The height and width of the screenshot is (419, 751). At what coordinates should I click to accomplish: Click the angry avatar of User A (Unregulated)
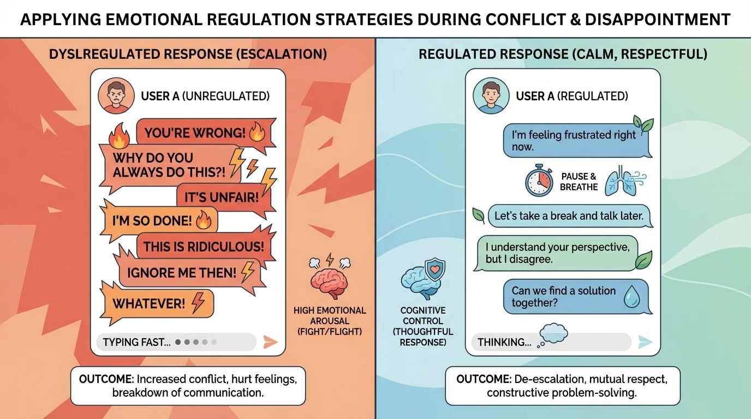pos(113,97)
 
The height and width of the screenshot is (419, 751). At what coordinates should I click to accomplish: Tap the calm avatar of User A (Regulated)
pos(488,97)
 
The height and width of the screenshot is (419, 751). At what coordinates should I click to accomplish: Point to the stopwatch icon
pos(539,182)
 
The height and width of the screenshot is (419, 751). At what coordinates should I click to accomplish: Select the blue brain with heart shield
pos(422,278)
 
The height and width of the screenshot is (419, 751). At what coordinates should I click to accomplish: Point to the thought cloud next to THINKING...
pos(552,334)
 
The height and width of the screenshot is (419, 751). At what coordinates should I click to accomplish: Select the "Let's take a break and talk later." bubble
pos(569,216)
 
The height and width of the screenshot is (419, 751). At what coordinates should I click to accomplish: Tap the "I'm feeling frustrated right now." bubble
pos(573,141)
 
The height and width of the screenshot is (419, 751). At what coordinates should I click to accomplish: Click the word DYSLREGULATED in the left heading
pos(96,55)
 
